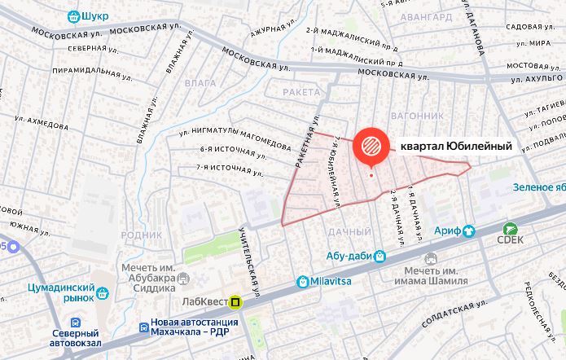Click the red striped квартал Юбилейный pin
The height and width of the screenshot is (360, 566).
pyautogui.click(x=371, y=147)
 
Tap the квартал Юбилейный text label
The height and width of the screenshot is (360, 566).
pyautogui.click(x=456, y=147)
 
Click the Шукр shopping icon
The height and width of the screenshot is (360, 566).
pyautogui.click(x=74, y=15)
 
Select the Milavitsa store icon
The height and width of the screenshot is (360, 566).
pyautogui.click(x=303, y=282)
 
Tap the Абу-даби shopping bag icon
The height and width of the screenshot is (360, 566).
pyautogui.click(x=380, y=255)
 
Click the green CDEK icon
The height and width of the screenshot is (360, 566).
pyautogui.click(x=511, y=230)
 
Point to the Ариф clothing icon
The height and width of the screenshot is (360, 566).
pyautogui.click(x=469, y=230)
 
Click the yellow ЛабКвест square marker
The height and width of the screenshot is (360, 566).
pyautogui.click(x=235, y=302)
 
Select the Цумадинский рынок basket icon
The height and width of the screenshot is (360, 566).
pyautogui.click(x=103, y=293)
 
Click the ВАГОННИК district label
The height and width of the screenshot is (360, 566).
pyautogui.click(x=417, y=116)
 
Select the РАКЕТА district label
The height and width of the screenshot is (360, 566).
pyautogui.click(x=301, y=92)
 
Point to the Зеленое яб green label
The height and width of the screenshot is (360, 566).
pyautogui.click(x=538, y=187)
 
